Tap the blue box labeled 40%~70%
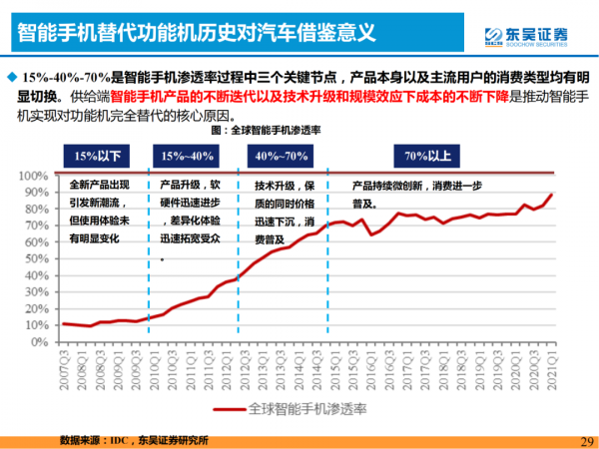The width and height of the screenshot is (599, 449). [x=282, y=156]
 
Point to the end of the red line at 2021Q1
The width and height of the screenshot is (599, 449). [x=550, y=196]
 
